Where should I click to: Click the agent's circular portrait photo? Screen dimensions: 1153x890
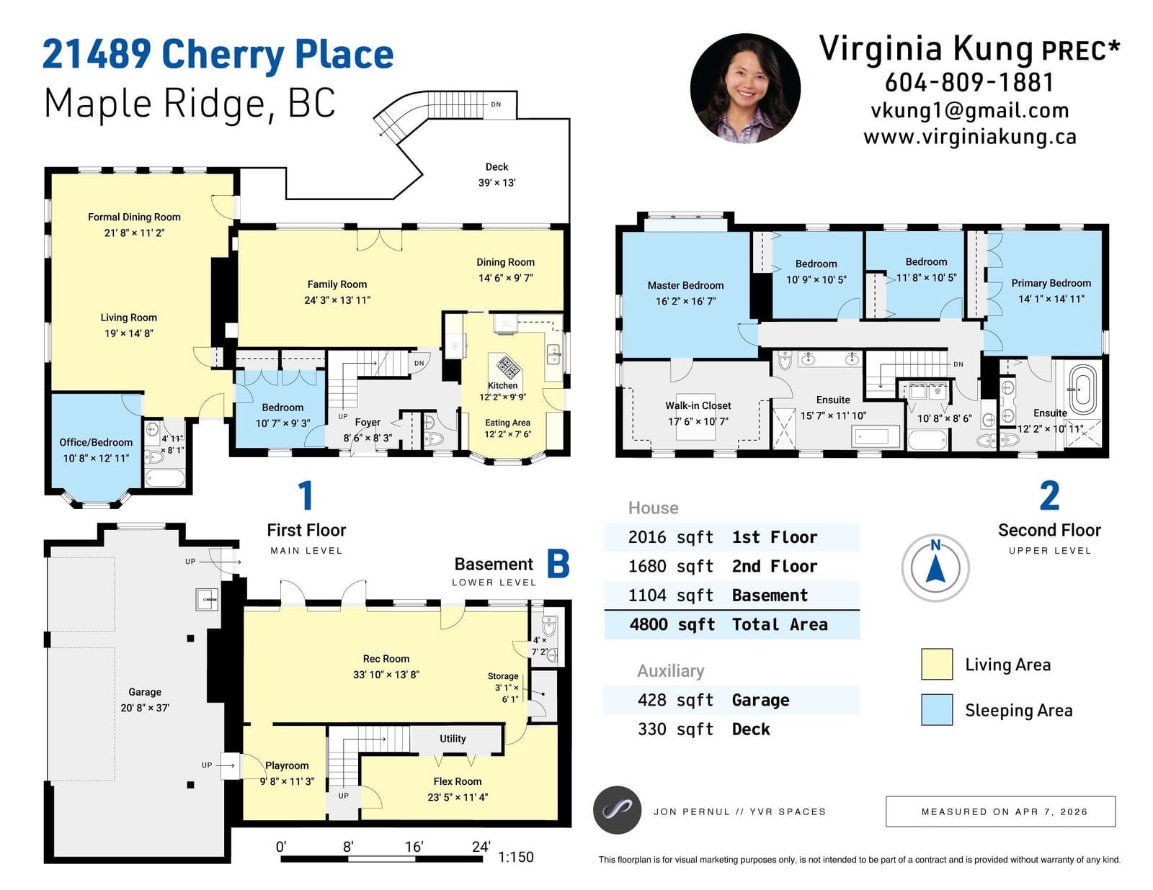744,89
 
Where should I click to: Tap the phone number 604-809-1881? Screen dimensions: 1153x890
969,82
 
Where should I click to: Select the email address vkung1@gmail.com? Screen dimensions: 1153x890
969,110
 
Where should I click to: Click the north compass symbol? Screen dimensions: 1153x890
935,567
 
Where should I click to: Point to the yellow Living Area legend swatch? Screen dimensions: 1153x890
937,664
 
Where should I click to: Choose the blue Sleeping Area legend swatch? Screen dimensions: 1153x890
937,709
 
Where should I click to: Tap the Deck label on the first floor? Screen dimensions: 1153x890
497,167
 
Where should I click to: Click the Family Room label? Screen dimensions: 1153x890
337,284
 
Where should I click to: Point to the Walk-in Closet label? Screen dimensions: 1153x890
698,405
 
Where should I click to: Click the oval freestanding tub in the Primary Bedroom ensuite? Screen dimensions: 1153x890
1082,389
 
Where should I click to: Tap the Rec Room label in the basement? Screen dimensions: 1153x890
386,658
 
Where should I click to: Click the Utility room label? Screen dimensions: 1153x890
453,738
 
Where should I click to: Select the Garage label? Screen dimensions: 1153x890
144,692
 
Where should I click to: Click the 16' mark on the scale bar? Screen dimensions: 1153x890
414,847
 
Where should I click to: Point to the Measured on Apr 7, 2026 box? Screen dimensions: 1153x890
1000,812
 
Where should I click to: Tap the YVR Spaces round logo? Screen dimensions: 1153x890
617,810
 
